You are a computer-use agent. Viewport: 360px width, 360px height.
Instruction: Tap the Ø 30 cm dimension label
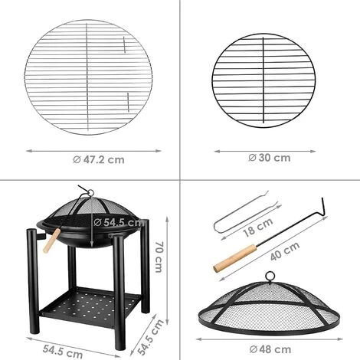click(270, 158)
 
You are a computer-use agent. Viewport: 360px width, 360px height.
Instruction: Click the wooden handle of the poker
click(229, 262)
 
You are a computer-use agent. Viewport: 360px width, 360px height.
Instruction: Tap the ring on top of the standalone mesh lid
click(270, 278)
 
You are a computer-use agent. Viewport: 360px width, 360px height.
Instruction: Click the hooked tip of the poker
click(324, 205)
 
